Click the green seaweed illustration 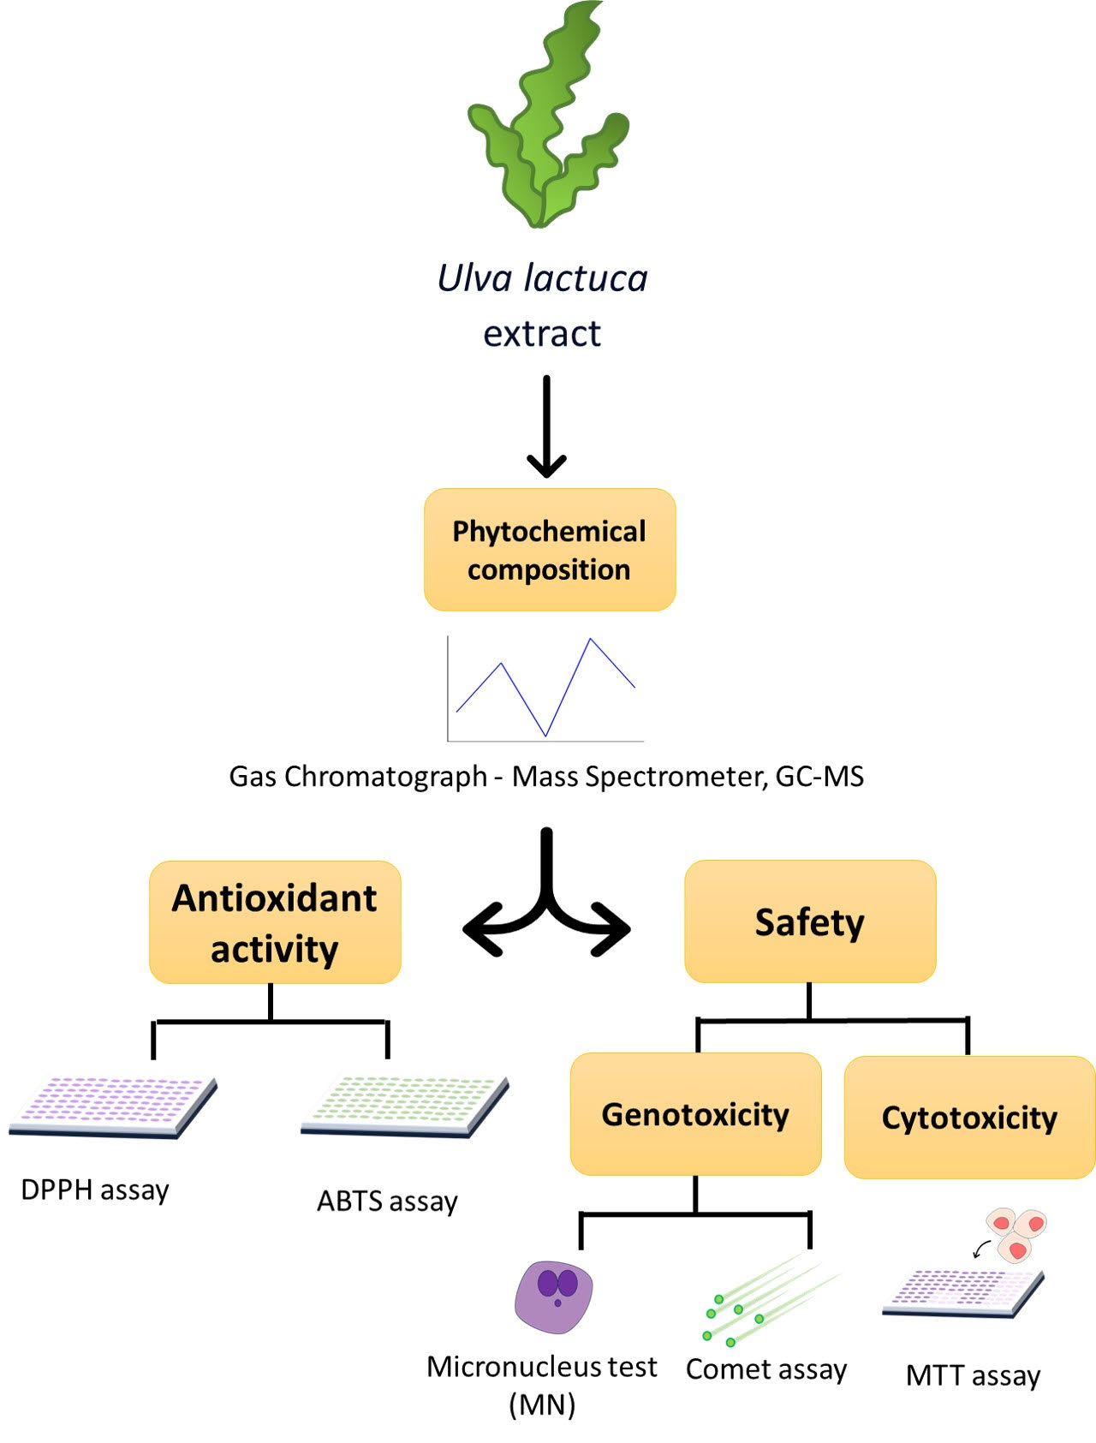pos(546,120)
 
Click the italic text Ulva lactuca pos(542,278)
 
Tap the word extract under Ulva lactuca pos(542,333)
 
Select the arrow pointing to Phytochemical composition pos(546,428)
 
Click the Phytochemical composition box pos(550,550)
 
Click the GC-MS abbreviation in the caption pos(819,776)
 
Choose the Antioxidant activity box pos(275,922)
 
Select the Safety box pos(810,921)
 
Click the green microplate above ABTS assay pos(405,1106)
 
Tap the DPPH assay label pos(95,1190)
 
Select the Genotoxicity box pos(695,1114)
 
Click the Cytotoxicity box pos(969,1118)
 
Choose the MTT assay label pos(973,1375)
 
